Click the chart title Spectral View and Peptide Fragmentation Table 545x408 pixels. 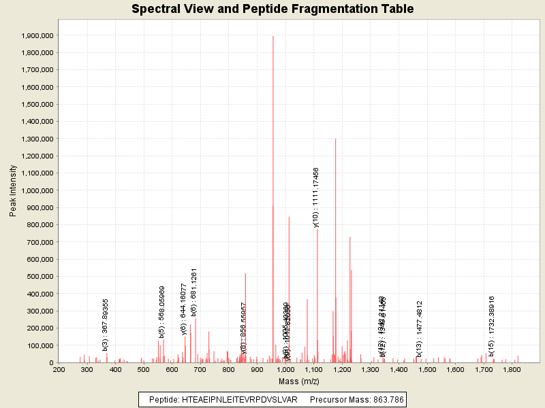272,10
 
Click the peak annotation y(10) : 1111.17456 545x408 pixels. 316,197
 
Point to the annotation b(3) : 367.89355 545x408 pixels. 106,324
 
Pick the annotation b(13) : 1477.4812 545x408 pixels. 420,328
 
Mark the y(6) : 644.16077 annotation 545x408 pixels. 184,309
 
